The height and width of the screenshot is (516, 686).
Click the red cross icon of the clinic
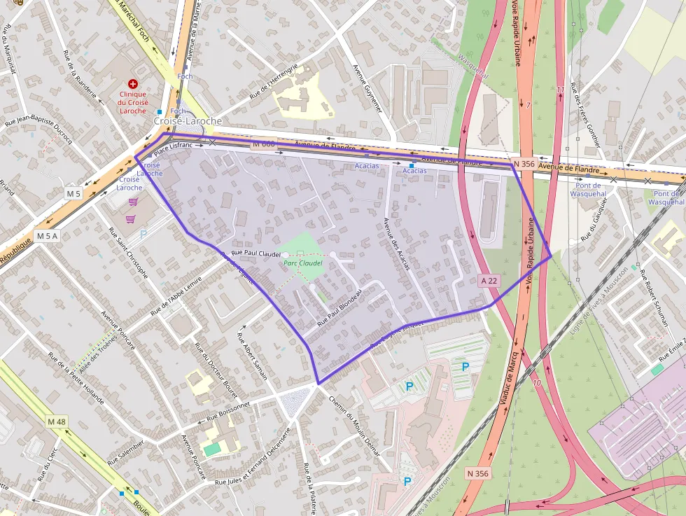tap(133, 83)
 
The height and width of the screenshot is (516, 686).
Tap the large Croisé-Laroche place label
tap(188, 121)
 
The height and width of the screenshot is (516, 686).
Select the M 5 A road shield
tap(48, 235)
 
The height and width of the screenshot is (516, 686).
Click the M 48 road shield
tap(57, 421)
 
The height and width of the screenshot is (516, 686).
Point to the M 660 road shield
tap(263, 144)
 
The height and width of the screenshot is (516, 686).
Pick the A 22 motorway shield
tap(489, 281)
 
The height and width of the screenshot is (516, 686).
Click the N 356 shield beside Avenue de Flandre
tap(524, 164)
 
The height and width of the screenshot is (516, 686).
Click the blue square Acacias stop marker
tap(412, 165)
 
